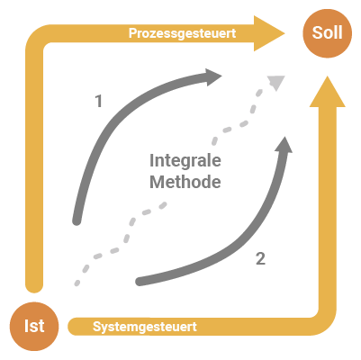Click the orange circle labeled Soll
click(327, 33)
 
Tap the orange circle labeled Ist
click(34, 326)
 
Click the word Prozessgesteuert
click(182, 33)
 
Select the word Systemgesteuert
click(145, 327)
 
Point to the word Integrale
click(185, 161)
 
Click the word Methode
click(185, 182)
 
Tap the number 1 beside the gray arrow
click(99, 101)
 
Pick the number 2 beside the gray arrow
click(260, 258)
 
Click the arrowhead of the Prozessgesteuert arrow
click(268, 33)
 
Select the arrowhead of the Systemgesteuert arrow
click(328, 93)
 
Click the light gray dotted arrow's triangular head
click(276, 83)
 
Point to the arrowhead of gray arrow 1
click(213, 77)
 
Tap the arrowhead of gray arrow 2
click(284, 145)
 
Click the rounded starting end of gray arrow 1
click(77, 221)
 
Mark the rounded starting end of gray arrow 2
click(140, 282)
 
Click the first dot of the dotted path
click(77, 283)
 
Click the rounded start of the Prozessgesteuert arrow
click(34, 285)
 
